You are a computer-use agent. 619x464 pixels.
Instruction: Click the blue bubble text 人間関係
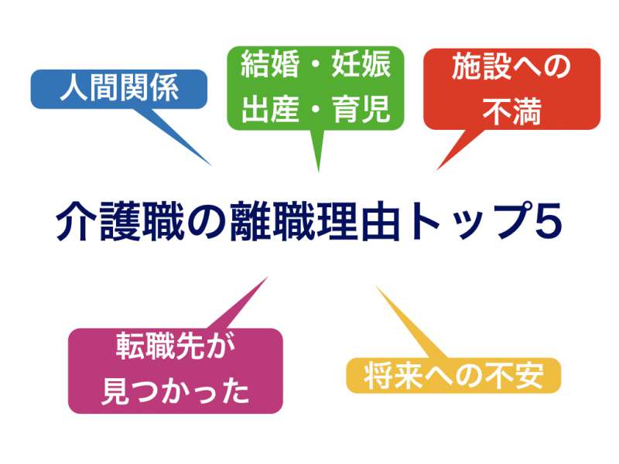click(x=119, y=87)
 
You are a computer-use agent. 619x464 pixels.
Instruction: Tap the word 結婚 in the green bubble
click(x=270, y=65)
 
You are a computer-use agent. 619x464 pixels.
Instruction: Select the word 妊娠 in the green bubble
click(x=361, y=65)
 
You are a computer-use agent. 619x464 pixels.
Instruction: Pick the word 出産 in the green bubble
click(x=270, y=109)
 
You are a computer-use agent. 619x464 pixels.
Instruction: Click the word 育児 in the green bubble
click(x=361, y=109)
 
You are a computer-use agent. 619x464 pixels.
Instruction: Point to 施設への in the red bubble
click(x=511, y=67)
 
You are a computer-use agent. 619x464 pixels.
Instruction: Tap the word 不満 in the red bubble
click(x=511, y=111)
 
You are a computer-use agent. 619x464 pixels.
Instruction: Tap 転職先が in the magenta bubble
click(x=176, y=346)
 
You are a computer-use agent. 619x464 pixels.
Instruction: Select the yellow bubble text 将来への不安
click(x=453, y=376)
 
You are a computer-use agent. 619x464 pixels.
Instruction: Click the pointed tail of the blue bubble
click(x=211, y=165)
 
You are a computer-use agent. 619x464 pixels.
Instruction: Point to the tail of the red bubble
click(x=437, y=169)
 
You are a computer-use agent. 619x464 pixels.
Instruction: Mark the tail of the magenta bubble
click(x=267, y=278)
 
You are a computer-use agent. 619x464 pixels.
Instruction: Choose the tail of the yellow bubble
click(x=376, y=287)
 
